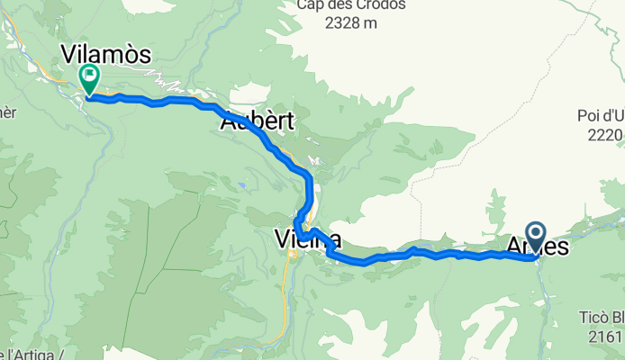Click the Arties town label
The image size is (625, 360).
(539, 245)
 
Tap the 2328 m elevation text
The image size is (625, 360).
(351, 24)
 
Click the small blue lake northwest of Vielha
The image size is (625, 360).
(244, 187)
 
